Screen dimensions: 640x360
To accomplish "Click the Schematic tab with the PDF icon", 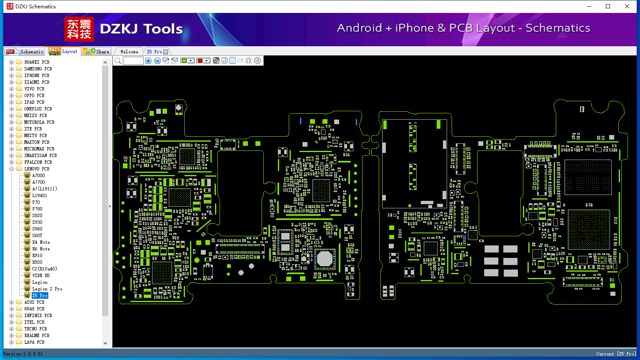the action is tap(25, 52).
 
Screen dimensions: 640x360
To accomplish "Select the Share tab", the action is tap(96, 52).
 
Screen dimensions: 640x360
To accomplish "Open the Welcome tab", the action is tap(129, 52).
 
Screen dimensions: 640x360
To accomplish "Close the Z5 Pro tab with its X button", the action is tap(166, 52).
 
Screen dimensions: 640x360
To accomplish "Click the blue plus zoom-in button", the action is tap(148, 61).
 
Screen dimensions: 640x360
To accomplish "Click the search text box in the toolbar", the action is tap(133, 61).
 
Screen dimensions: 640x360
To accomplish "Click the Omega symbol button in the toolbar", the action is tap(249, 60).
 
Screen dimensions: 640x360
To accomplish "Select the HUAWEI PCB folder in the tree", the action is tap(37, 62).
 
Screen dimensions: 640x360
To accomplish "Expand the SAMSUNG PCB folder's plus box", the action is tap(11, 69).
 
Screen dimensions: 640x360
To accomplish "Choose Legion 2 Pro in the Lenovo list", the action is tap(47, 289).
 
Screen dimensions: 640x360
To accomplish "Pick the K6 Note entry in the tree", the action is tap(41, 249).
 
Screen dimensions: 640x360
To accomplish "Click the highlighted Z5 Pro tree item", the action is tap(40, 295).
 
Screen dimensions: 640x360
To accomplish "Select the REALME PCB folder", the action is tap(37, 335).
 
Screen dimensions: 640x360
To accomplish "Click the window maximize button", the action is tap(608, 6).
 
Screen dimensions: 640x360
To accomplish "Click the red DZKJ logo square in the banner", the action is tap(79, 29).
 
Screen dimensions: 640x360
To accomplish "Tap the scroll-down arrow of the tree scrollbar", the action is tap(105, 343).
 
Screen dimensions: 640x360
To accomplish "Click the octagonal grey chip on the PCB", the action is tap(325, 259).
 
